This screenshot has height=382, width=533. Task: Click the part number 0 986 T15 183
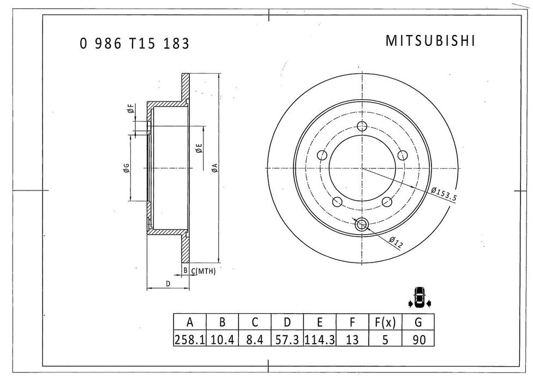(x=135, y=44)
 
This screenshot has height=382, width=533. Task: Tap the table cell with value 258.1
(x=189, y=339)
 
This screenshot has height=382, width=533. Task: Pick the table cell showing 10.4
(x=221, y=339)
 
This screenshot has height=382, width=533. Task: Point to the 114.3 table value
(x=319, y=339)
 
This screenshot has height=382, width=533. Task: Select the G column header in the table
(x=417, y=323)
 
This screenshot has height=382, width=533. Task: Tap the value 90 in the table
(x=417, y=339)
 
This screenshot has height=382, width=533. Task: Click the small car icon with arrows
(x=419, y=297)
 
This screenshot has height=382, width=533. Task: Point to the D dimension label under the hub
(x=168, y=284)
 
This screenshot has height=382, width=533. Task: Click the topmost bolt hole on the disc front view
(x=361, y=127)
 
